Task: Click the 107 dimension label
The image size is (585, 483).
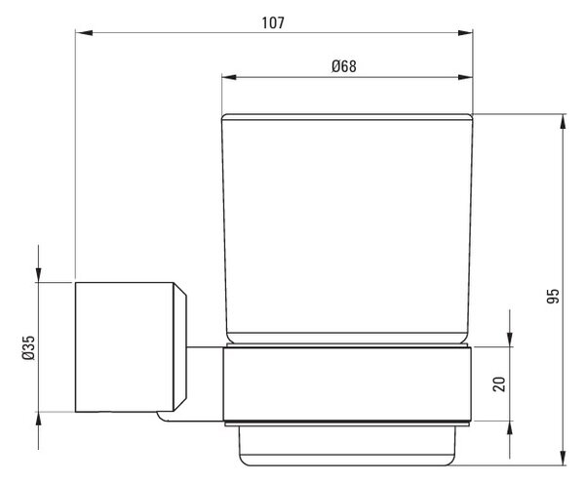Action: click(273, 22)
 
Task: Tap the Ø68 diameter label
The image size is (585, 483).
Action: click(344, 66)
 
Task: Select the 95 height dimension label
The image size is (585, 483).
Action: click(553, 296)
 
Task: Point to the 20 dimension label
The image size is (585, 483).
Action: click(499, 384)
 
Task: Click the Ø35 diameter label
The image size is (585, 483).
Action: click(28, 347)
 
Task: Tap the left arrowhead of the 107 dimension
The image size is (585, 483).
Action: click(84, 33)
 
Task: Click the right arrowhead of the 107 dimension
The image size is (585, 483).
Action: click(465, 33)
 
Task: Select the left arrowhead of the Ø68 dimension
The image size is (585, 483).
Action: click(229, 77)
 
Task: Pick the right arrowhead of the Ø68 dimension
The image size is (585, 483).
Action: click(465, 77)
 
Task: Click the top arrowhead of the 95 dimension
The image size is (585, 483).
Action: click(564, 122)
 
